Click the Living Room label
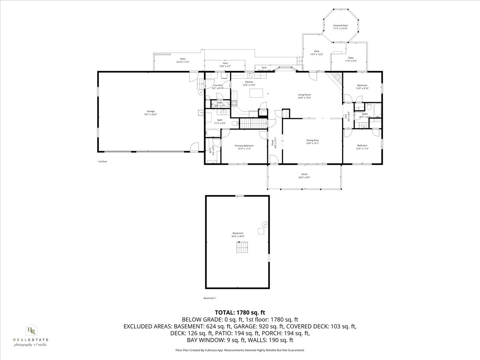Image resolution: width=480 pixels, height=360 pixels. (x=304, y=94)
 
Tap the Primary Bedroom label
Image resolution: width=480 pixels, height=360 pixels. (x=244, y=146)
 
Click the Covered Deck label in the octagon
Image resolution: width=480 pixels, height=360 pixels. (x=340, y=25)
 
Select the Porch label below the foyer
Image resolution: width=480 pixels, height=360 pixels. (x=304, y=174)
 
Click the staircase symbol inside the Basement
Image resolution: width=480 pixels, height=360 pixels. (x=242, y=248)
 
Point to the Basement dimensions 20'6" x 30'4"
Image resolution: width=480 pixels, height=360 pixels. (x=238, y=236)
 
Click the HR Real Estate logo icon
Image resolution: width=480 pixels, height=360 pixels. (x=31, y=330)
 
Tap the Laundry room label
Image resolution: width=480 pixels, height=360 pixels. (x=218, y=85)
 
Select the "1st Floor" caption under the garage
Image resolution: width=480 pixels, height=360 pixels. (x=102, y=162)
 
